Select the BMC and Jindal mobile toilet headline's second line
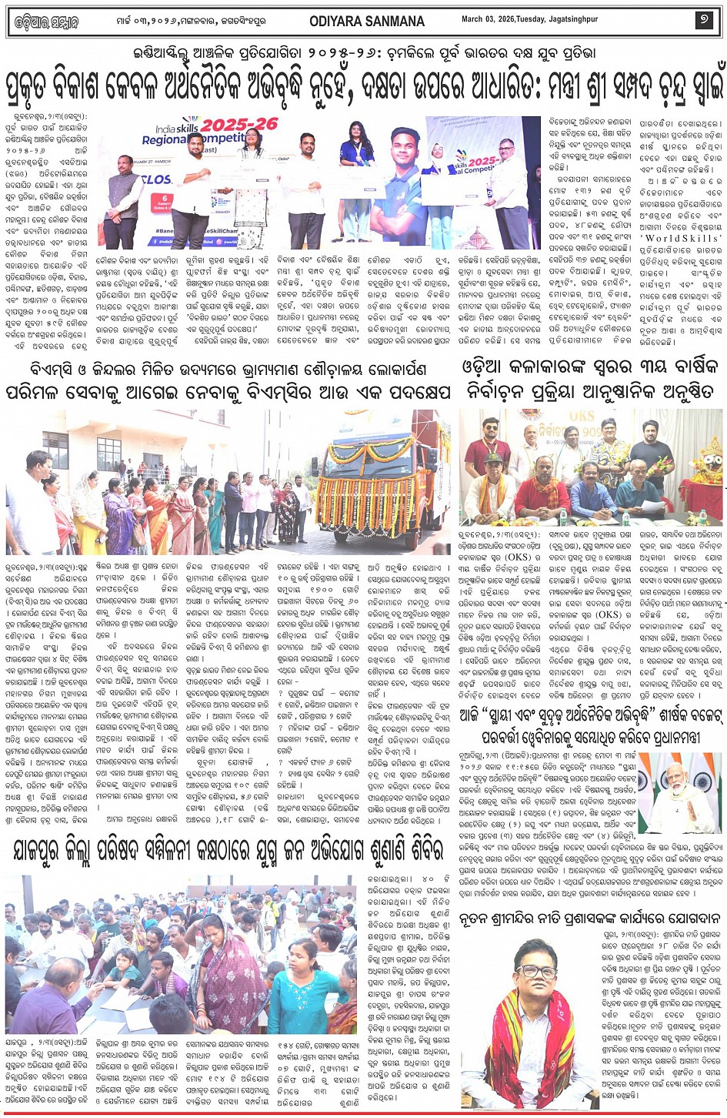[x=229, y=390]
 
